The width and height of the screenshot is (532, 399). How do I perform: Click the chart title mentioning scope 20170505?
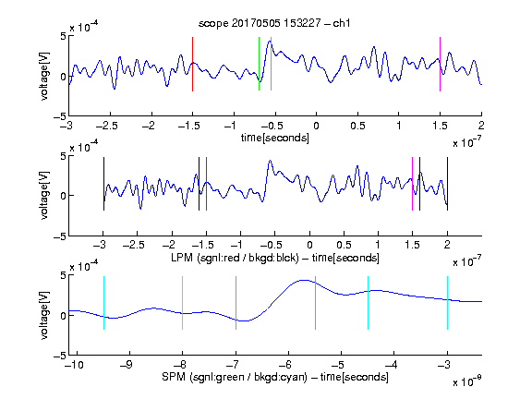click(x=274, y=23)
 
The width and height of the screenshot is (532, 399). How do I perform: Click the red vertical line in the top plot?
click(x=192, y=64)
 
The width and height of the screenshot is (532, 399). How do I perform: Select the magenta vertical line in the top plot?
click(x=440, y=64)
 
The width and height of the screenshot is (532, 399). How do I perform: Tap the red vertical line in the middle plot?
click(x=206, y=184)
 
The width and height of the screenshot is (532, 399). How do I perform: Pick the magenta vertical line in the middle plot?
click(x=412, y=184)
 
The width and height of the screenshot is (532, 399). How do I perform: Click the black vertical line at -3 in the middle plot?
click(x=103, y=184)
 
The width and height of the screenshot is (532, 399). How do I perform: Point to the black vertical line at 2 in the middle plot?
click(x=447, y=184)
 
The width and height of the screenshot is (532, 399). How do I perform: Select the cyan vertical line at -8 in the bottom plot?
click(x=183, y=303)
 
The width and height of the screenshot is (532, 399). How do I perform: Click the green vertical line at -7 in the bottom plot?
click(x=236, y=303)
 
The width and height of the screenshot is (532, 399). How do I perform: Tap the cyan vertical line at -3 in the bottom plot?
click(x=447, y=303)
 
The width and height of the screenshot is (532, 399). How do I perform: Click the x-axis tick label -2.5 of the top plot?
click(x=107, y=126)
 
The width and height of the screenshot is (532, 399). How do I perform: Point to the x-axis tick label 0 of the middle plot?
click(x=309, y=245)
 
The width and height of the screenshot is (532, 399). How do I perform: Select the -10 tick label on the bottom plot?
click(x=74, y=365)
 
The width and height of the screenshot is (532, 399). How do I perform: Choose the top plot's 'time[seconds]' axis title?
click(x=275, y=138)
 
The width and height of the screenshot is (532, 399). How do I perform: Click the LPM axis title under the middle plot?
click(x=275, y=258)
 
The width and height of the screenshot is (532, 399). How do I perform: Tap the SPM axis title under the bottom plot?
click(x=275, y=377)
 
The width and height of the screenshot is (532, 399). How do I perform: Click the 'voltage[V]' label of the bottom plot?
click(x=44, y=315)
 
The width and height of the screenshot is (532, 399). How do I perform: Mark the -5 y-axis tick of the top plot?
click(x=60, y=116)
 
